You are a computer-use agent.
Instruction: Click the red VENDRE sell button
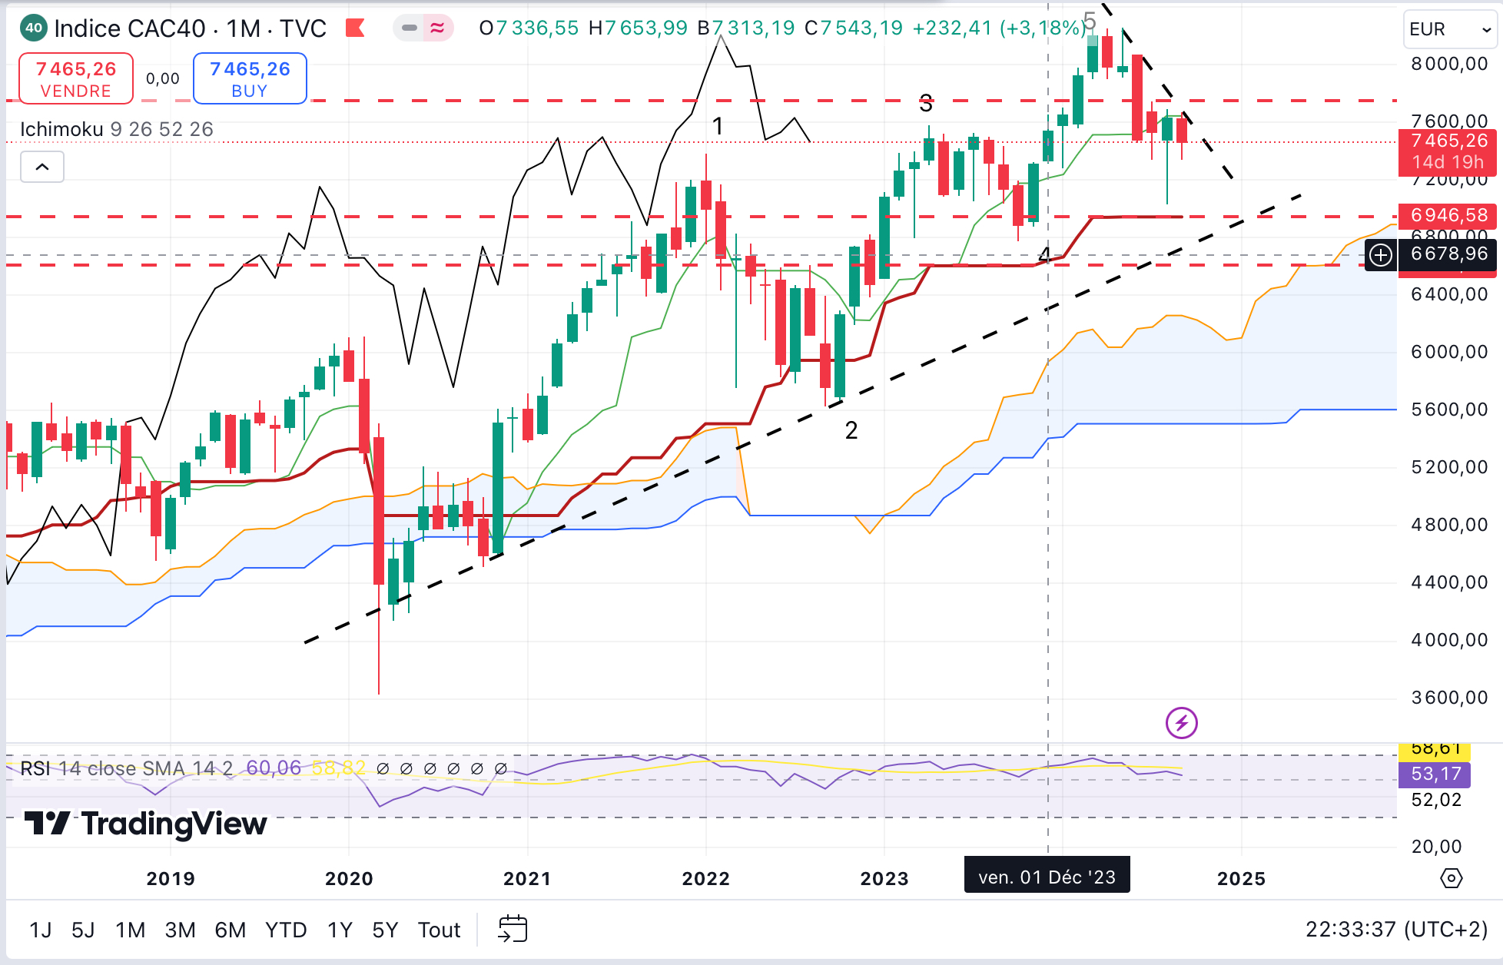[x=75, y=78]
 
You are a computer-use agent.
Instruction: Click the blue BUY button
[x=250, y=78]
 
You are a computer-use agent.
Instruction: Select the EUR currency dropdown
[x=1449, y=29]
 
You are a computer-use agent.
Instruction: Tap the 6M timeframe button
[x=230, y=930]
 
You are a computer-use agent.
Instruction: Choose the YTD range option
[x=285, y=930]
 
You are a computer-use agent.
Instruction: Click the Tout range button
[x=439, y=930]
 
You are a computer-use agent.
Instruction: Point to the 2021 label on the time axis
[x=527, y=878]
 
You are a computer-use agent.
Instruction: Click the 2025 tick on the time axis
[x=1241, y=878]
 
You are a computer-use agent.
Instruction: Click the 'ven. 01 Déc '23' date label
[x=1047, y=877]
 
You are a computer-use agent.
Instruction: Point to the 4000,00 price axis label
[x=1449, y=640]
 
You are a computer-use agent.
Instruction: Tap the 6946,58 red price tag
[x=1448, y=215]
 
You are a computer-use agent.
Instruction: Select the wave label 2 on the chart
[x=851, y=430]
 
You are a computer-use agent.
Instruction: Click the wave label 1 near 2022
[x=718, y=126]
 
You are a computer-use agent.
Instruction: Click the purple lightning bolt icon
[x=1181, y=723]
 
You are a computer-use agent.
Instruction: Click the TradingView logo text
[x=146, y=824]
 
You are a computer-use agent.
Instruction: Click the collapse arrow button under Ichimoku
[x=42, y=167]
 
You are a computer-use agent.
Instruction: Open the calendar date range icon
[x=513, y=929]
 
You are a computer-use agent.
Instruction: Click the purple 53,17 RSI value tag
[x=1435, y=774]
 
